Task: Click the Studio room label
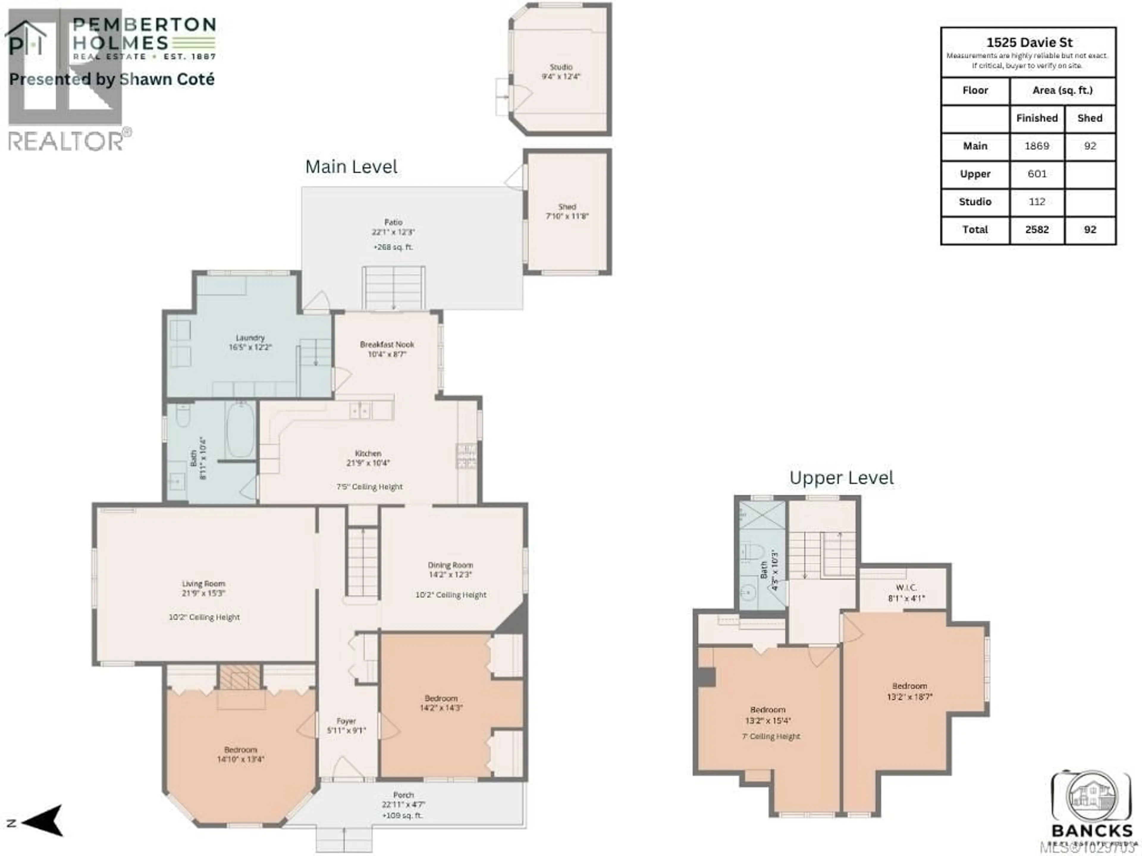[561, 67]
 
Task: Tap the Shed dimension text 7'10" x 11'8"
[567, 216]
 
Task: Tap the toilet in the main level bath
[183, 415]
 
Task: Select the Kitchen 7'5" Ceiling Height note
[369, 487]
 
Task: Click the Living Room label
[203, 583]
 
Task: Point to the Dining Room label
[450, 565]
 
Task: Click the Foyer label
[346, 721]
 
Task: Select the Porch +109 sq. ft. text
[402, 815]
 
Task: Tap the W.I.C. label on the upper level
[906, 588]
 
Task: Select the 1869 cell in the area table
[1037, 146]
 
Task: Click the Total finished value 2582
[1037, 230]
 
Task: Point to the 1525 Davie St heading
[1029, 42]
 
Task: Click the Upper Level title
[842, 478]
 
